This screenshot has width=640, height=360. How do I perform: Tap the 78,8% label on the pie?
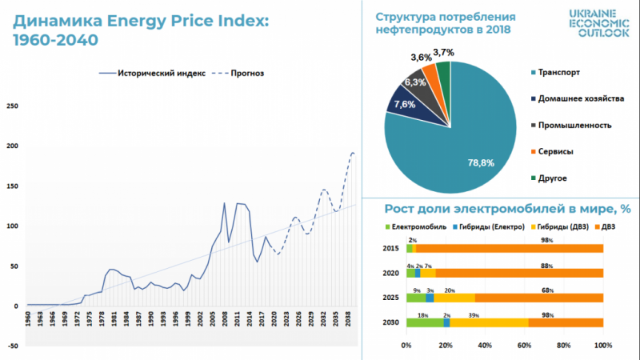(482, 162)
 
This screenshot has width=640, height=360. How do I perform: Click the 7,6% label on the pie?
(405, 104)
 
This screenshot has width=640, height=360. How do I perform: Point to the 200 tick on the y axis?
(14, 146)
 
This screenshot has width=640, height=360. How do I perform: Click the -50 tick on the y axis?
(14, 346)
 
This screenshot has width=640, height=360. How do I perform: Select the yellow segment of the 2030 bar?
(489, 322)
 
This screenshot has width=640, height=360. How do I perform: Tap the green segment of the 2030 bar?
(424, 322)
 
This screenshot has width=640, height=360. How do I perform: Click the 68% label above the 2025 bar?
(546, 290)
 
